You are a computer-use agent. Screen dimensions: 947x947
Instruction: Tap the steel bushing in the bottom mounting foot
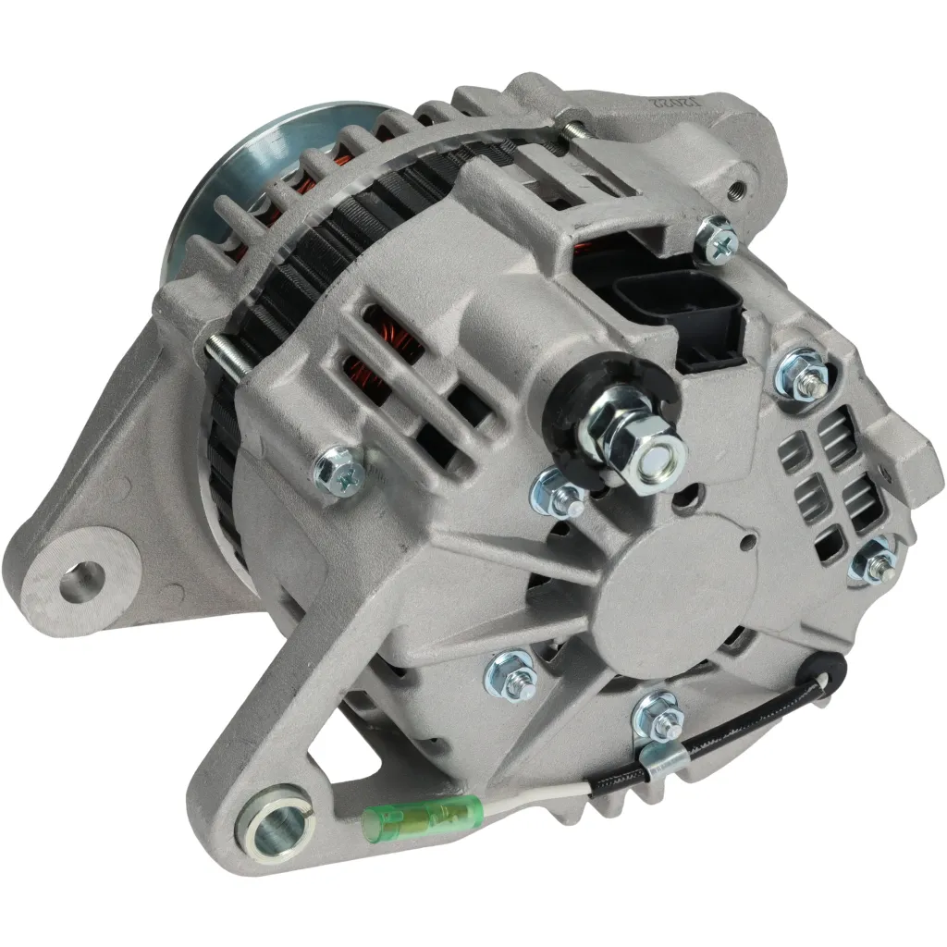pyautogui.click(x=276, y=820)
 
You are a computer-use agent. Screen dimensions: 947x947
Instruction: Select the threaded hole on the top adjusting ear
pyautogui.click(x=739, y=187)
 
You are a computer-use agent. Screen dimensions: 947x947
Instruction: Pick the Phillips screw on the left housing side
pyautogui.click(x=337, y=471)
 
